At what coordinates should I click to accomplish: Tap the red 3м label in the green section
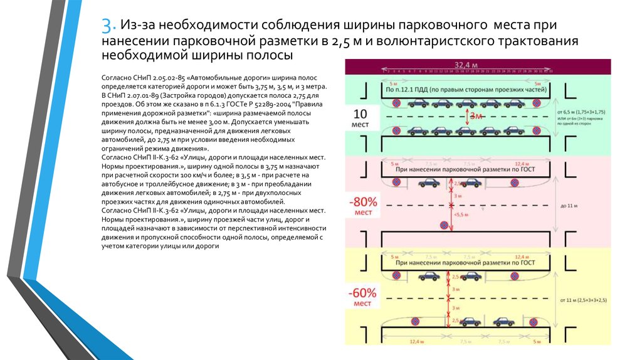point(477,117)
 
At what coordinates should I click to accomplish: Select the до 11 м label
point(567,205)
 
